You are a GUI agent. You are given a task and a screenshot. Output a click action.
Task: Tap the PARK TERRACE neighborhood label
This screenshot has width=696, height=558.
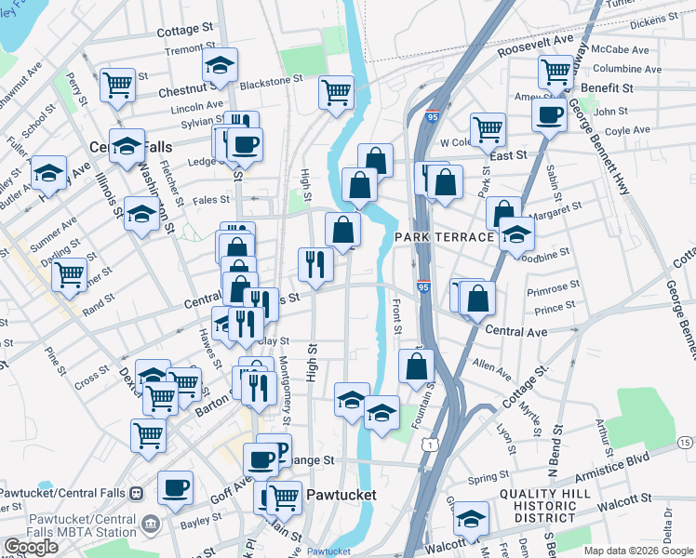(445, 237)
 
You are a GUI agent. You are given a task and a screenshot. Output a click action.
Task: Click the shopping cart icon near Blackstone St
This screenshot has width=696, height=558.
(336, 91)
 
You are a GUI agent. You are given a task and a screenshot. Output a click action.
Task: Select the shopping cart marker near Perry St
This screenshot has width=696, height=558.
(118, 85)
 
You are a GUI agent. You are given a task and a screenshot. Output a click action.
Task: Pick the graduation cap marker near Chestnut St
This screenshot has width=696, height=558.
(220, 64)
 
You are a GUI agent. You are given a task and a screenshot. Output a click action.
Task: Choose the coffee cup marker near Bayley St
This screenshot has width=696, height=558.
(175, 486)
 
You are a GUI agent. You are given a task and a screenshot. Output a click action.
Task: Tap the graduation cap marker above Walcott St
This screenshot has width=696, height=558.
(472, 517)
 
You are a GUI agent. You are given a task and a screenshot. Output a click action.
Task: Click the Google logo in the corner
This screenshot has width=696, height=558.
(31, 547)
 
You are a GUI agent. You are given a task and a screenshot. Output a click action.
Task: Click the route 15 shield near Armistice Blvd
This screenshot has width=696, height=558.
(685, 442)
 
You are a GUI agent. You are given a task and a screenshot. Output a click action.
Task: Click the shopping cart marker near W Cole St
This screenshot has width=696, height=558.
(488, 128)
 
